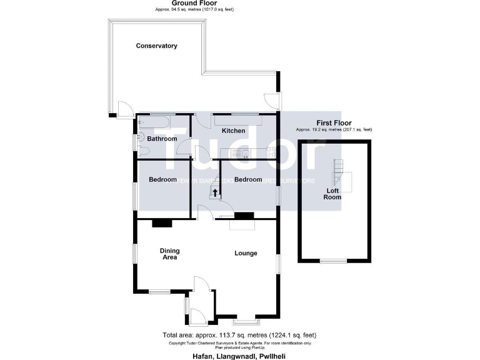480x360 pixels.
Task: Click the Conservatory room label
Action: pos(157,46)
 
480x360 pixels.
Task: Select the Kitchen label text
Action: pos(234,131)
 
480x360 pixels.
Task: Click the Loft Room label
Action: pos(332,193)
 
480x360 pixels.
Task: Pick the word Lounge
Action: pos(246,253)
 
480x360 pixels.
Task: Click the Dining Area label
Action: pos(169,254)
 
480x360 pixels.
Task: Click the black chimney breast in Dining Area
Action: pos(162,222)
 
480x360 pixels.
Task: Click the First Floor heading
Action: pos(334,123)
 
